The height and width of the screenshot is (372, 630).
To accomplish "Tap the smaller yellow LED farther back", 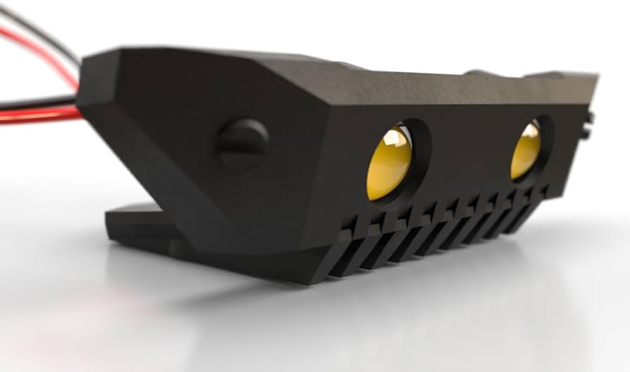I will point(526,150).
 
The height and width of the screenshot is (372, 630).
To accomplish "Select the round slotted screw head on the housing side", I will point(242,144).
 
